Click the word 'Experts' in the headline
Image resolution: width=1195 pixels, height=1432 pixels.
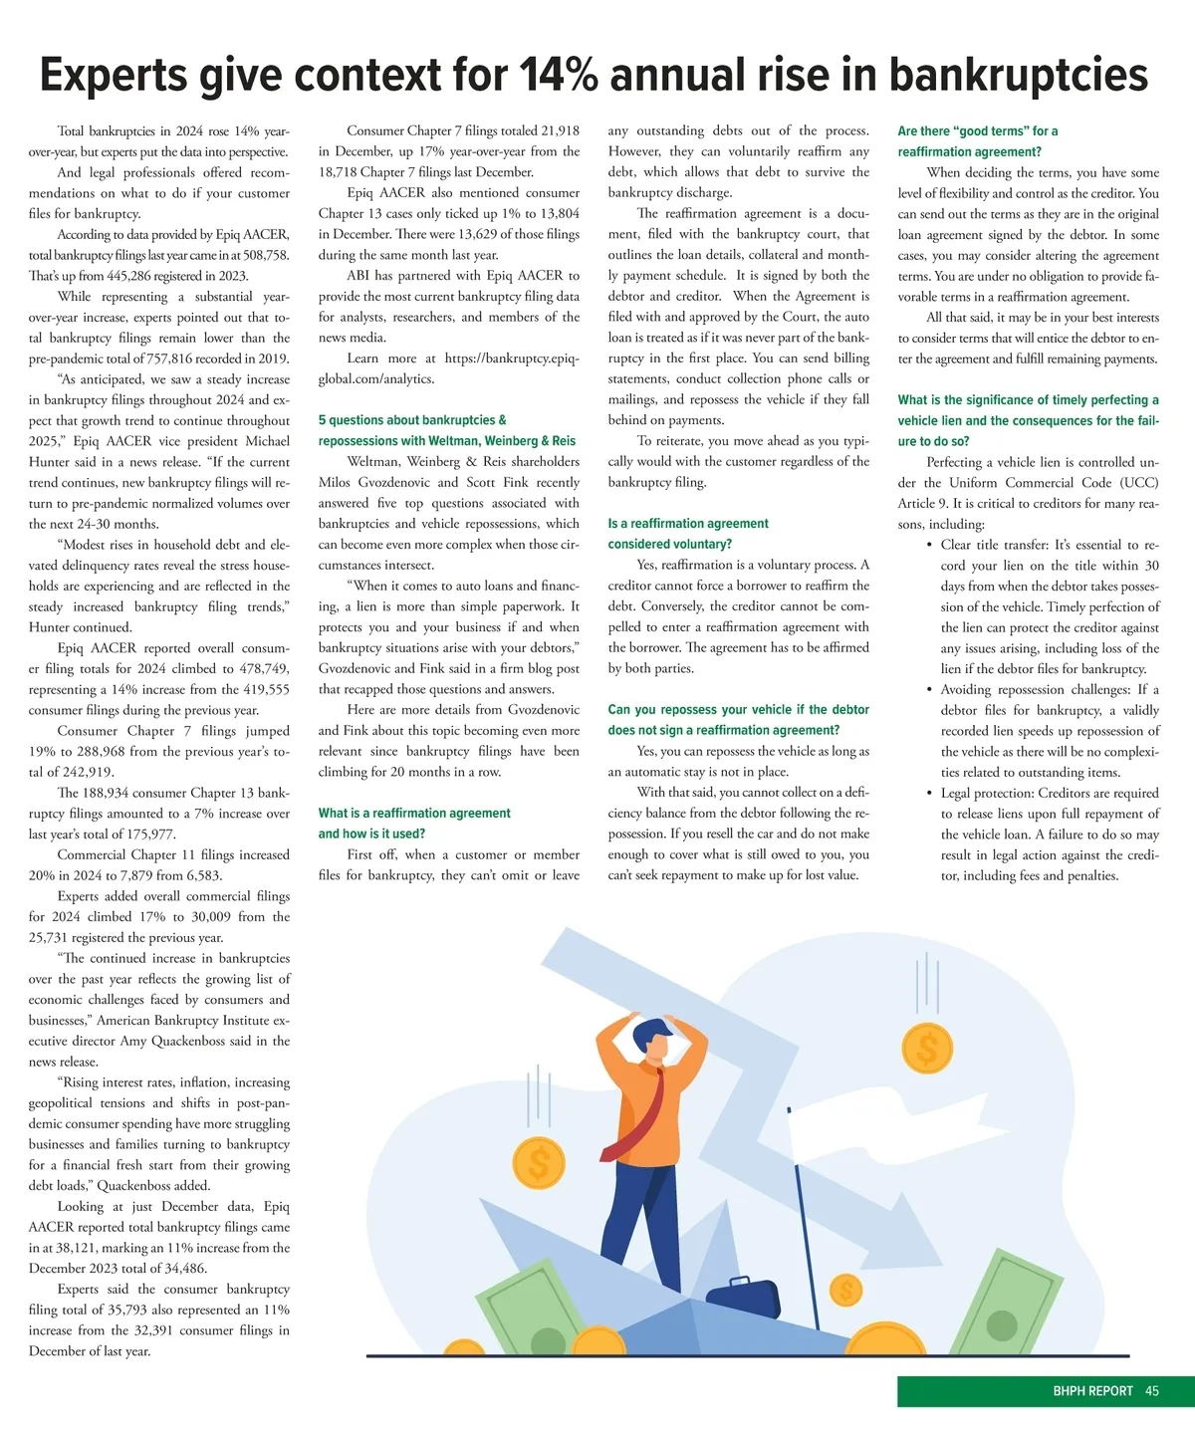click(x=114, y=76)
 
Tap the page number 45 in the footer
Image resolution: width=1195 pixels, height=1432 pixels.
click(x=1152, y=1391)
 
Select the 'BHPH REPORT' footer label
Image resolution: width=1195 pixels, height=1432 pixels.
click(x=1092, y=1391)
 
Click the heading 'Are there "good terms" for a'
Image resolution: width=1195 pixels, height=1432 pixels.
click(x=977, y=130)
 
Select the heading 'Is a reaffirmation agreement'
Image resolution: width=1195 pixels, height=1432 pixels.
click(x=688, y=523)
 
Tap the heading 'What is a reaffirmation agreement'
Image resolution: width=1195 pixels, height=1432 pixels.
click(x=414, y=813)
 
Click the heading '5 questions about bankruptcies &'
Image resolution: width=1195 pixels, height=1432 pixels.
click(x=412, y=420)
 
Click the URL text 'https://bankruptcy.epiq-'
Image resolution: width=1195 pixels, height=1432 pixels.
click(x=511, y=358)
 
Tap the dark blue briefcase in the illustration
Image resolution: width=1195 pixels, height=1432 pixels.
click(x=742, y=1298)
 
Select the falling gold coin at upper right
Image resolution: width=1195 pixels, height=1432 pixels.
click(x=927, y=1048)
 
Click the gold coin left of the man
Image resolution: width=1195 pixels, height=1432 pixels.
click(x=539, y=1163)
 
